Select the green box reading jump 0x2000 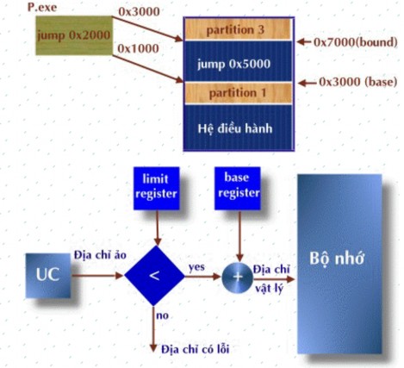[72, 38]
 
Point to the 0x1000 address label [136, 49]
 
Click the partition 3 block [236, 30]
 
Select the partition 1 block [236, 92]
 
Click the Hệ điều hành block [236, 125]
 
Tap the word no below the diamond [162, 316]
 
